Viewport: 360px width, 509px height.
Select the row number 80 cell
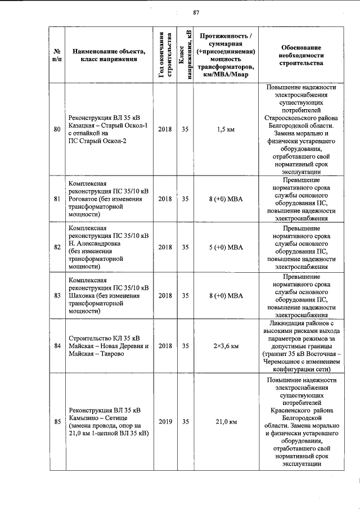pos(57,129)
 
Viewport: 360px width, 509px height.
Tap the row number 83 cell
pos(57,295)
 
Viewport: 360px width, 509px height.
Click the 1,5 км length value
pos(226,129)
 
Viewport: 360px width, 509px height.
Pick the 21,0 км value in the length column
pos(226,421)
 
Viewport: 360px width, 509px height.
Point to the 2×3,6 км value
pos(226,346)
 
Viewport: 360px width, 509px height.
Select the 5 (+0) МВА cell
pos(226,247)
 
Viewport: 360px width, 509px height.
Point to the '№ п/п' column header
pos(57,56)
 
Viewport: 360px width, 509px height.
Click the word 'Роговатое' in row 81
pos(83,199)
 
